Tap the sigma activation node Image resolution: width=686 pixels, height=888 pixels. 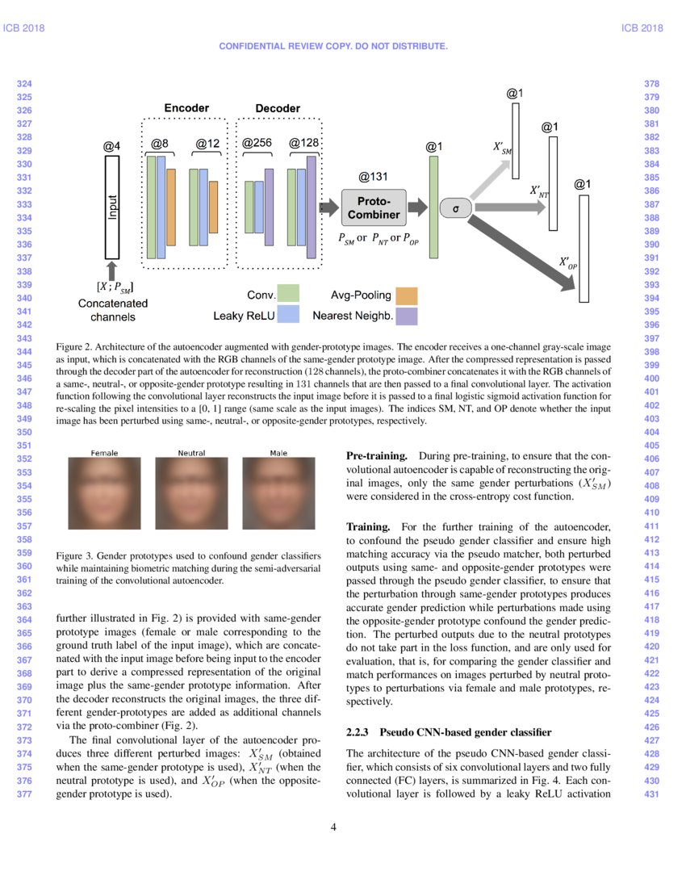coord(456,208)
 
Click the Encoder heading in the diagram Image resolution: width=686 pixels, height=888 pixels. coord(186,108)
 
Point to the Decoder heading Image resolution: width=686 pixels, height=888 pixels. coord(278,108)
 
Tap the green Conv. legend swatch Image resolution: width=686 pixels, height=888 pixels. coord(288,293)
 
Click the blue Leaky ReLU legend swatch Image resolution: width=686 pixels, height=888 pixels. coord(288,315)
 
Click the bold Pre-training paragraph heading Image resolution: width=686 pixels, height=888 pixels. coord(371,456)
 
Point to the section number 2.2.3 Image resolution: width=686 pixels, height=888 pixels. coord(357,732)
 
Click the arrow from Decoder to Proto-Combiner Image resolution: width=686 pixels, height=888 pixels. coord(328,207)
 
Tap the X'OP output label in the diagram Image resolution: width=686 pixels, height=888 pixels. coord(568,262)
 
